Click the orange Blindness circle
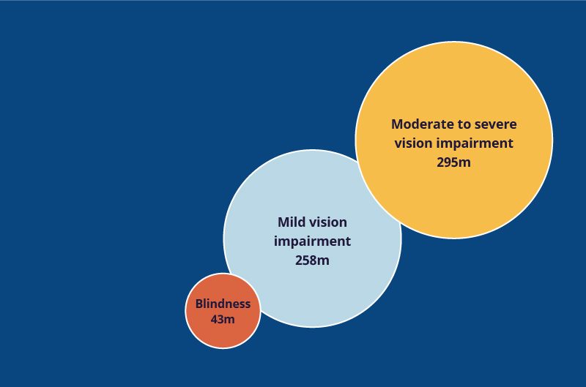click(223, 311)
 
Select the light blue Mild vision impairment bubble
click(313, 238)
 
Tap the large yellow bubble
click(453, 140)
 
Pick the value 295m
click(453, 162)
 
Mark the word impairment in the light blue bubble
click(313, 242)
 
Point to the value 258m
click(313, 260)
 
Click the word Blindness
click(223, 304)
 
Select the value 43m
click(223, 320)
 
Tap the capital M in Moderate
click(397, 124)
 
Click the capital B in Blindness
click(199, 304)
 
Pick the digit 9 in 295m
click(449, 162)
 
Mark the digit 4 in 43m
click(215, 320)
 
